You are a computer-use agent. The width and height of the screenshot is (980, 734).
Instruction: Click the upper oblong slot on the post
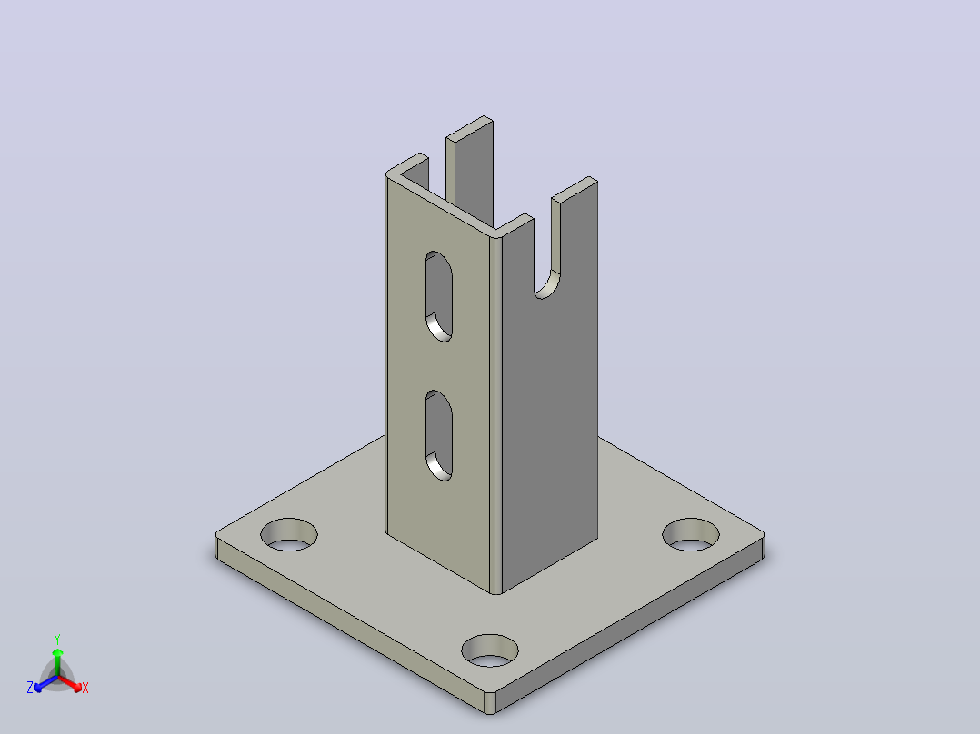[439, 296]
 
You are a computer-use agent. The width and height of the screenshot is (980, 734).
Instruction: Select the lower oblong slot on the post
[439, 435]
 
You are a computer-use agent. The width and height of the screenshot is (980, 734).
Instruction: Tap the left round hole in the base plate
[289, 535]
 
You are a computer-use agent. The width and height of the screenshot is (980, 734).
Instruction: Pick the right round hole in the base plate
[691, 535]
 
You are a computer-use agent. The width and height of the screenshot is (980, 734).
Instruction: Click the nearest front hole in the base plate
[490, 651]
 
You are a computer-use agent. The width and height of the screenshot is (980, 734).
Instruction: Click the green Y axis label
[57, 640]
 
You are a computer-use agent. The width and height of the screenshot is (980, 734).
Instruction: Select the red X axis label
[85, 688]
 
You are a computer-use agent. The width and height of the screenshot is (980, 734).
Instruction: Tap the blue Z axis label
[30, 688]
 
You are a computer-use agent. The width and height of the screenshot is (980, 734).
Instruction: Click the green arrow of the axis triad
[57, 661]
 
